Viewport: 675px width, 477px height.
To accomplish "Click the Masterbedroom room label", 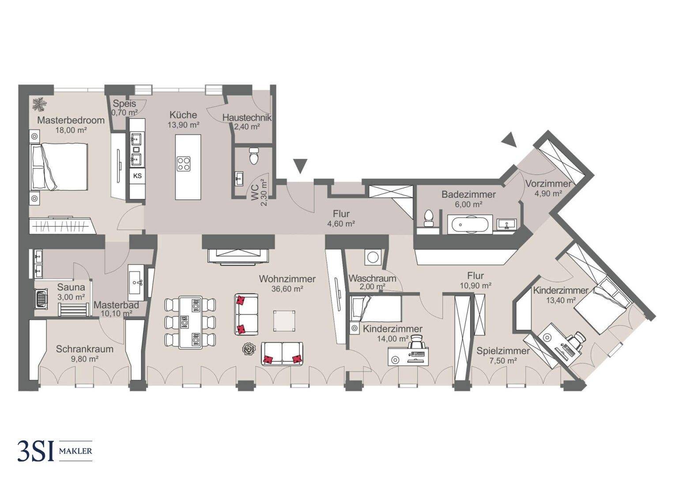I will (x=71, y=120).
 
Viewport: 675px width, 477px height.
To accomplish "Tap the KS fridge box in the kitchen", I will (x=137, y=176).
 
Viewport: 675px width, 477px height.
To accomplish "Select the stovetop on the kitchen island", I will (x=184, y=164).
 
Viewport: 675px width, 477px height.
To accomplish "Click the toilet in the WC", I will (x=253, y=156).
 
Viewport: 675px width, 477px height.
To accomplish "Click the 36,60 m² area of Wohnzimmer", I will (x=287, y=289).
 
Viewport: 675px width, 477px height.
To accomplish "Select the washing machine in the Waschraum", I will (x=371, y=257).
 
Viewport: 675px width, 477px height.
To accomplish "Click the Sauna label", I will (x=71, y=288).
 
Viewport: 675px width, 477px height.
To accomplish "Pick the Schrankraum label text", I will (x=84, y=349).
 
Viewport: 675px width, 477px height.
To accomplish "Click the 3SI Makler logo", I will (x=54, y=451).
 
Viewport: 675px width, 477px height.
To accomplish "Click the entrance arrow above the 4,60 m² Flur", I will (x=300, y=166).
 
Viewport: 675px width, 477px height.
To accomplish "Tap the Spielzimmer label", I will (x=503, y=351).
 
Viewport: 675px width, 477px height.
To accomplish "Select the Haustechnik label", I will (x=247, y=118).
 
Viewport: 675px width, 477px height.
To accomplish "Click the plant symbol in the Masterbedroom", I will (x=40, y=104).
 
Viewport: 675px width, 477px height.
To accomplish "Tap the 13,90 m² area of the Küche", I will (x=183, y=125).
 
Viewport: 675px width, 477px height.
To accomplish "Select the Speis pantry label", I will (x=124, y=104).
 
